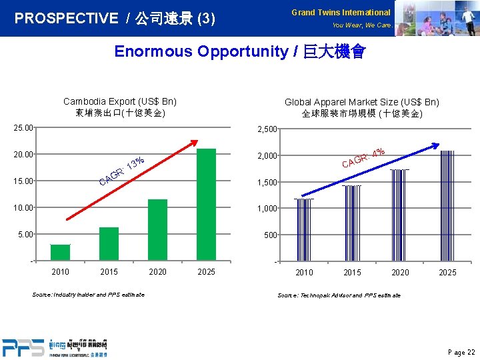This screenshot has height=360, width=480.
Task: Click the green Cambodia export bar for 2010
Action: [60, 252]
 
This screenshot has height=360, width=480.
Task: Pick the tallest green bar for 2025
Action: [206, 204]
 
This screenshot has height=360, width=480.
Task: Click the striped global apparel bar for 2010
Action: [303, 229]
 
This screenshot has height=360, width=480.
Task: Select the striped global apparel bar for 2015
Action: [351, 223]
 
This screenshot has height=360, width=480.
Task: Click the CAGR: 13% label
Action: [122, 171]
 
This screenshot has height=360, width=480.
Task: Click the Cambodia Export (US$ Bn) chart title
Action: [120, 101]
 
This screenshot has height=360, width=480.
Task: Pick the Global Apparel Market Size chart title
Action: [362, 102]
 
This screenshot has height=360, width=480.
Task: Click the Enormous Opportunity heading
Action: [240, 52]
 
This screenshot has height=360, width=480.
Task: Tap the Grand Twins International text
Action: [341, 13]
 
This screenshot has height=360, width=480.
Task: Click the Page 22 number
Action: [462, 352]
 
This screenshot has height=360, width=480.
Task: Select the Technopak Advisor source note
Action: [339, 295]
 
